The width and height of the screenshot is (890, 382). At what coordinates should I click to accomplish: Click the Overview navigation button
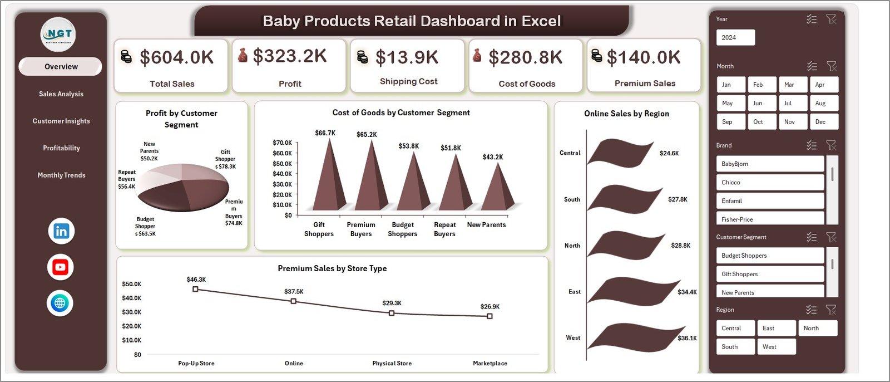tap(61, 66)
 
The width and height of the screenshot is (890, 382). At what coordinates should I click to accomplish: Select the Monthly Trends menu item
tap(61, 175)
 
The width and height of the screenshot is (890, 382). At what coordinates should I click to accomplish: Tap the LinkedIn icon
tap(61, 231)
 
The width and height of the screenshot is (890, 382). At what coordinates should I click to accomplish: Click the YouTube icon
tap(61, 267)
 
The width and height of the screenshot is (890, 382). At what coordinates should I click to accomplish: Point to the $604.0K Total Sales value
tap(176, 57)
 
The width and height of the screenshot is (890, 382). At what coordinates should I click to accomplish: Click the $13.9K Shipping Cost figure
tap(407, 57)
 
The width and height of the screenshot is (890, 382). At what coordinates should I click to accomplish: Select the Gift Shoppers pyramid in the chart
tap(329, 178)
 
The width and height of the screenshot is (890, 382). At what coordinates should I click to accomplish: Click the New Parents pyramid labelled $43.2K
tap(497, 189)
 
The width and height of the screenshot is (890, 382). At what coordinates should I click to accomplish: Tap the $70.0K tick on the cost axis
tap(282, 143)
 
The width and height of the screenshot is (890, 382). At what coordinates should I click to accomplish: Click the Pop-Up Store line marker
tap(195, 289)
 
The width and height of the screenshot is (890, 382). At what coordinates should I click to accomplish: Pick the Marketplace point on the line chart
tap(489, 316)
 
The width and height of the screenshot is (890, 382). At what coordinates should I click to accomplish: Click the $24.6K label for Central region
tap(669, 153)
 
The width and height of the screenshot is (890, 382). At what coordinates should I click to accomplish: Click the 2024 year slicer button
tap(735, 37)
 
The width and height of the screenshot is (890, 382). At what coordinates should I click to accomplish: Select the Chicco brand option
tap(769, 182)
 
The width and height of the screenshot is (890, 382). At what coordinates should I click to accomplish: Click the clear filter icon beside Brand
tap(831, 145)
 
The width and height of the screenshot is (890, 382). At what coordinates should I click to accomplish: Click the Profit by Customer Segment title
tap(181, 119)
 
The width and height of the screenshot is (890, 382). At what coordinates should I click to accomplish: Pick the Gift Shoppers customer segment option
tap(769, 274)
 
